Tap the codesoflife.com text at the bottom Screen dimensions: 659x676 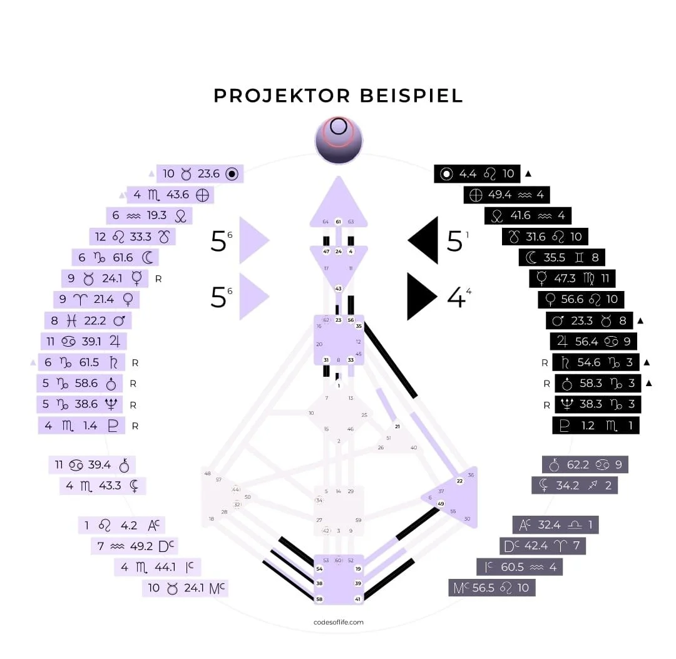338,622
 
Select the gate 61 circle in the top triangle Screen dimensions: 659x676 338,222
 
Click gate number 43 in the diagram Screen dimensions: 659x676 338,289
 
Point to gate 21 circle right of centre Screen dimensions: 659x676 396,427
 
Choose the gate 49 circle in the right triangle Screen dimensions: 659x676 441,503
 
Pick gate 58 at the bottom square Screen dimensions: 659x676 319,600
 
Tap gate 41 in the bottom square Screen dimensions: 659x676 358,600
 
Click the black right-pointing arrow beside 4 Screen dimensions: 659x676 421,297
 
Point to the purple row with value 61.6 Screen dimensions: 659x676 115,257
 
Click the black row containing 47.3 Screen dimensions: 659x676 571,278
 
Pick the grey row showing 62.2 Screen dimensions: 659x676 585,464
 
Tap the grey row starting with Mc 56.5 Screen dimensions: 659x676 492,588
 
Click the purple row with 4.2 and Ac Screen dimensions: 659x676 121,525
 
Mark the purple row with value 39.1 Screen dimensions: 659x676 84,341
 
